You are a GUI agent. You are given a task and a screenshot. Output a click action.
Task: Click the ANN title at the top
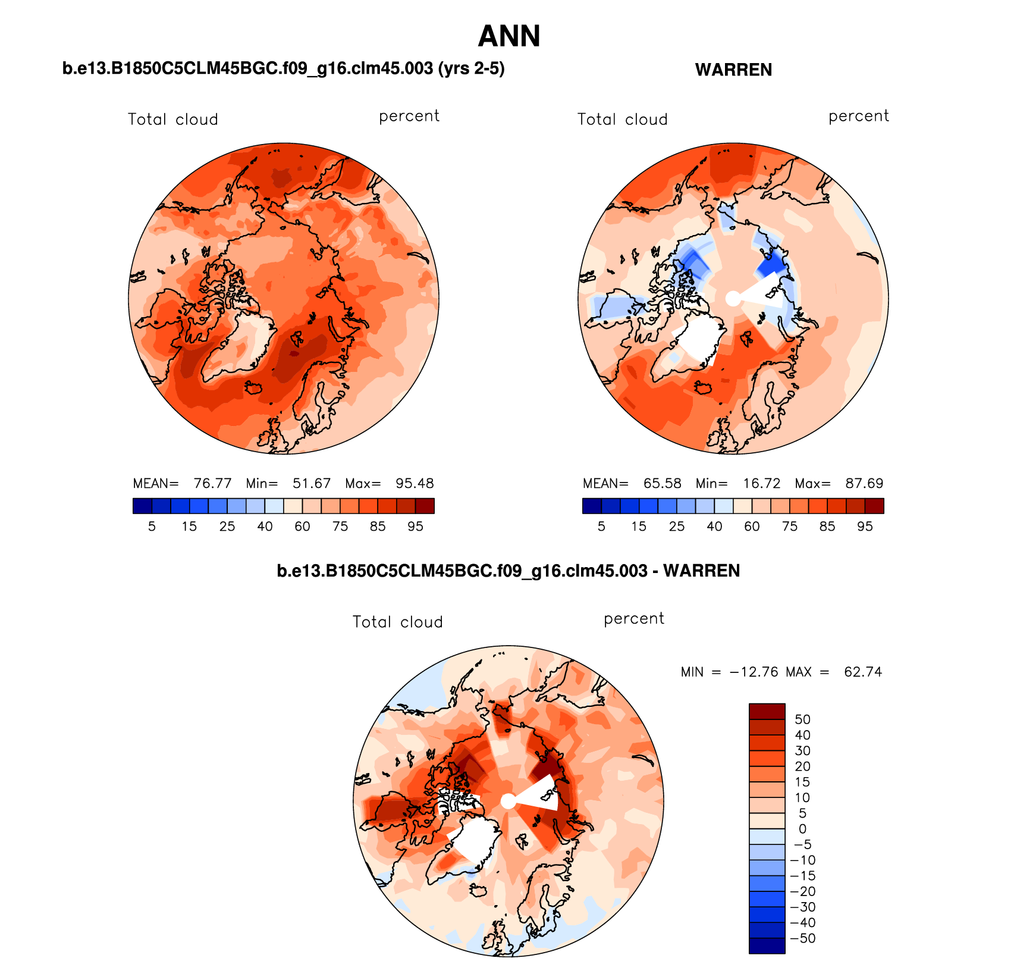509,36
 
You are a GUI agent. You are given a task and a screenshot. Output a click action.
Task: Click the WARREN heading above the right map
733,70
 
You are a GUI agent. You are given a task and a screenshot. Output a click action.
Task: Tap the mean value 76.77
212,483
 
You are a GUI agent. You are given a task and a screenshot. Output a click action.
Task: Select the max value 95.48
415,483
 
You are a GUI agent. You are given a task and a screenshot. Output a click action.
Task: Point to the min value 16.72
761,483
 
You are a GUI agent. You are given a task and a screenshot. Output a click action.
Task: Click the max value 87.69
864,483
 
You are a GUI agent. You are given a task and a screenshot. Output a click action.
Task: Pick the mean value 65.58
662,483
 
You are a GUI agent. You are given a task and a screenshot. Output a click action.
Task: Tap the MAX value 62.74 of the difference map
863,672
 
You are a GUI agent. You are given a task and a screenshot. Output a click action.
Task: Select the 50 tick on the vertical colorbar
802,719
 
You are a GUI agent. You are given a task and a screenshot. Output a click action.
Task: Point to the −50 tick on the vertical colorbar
802,938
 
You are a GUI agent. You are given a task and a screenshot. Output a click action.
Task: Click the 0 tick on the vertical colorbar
802,829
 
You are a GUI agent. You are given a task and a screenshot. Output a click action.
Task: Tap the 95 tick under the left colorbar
415,526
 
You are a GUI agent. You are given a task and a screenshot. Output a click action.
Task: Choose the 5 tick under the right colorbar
601,526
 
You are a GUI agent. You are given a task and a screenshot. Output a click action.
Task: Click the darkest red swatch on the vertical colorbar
767,711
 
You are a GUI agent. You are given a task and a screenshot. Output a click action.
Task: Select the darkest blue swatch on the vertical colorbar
767,946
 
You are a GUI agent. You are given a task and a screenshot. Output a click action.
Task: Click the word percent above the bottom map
633,619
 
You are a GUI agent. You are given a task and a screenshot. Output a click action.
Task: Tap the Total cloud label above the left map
172,119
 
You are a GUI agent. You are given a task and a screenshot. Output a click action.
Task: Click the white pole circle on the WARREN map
733,298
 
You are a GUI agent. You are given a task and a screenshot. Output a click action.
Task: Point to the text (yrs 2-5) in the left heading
471,68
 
